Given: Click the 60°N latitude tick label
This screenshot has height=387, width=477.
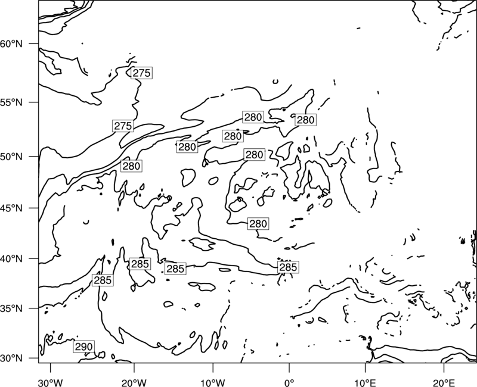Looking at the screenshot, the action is [11, 44].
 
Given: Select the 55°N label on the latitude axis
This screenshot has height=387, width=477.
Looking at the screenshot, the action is [11, 102].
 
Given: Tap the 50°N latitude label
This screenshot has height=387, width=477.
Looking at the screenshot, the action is [11, 157].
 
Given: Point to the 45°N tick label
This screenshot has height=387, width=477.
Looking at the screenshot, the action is [11, 208].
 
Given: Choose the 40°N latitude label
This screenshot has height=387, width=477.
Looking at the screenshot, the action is [11, 259].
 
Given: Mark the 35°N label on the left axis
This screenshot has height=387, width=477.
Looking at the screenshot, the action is [11, 308].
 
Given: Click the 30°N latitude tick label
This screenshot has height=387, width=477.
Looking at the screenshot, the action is [11, 358].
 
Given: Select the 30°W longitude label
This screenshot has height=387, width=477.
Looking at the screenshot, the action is [51, 382].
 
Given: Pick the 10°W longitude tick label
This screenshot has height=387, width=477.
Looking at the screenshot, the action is [213, 382].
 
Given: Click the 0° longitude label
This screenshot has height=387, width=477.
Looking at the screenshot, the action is [289, 382].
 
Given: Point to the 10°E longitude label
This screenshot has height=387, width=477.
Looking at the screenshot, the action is [366, 382].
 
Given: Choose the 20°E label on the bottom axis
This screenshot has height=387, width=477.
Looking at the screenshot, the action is [444, 382].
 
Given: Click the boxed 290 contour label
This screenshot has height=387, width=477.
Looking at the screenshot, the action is [83, 347].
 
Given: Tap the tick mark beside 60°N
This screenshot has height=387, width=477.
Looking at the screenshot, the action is [34, 43].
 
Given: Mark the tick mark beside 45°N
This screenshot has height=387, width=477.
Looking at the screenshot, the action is [34, 208].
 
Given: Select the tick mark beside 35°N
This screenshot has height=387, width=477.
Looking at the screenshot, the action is [34, 308].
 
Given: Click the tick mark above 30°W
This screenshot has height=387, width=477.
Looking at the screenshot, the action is [51, 367].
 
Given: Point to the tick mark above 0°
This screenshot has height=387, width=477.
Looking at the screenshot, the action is [289, 367].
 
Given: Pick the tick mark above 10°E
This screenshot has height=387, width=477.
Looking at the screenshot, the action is [365, 367].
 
